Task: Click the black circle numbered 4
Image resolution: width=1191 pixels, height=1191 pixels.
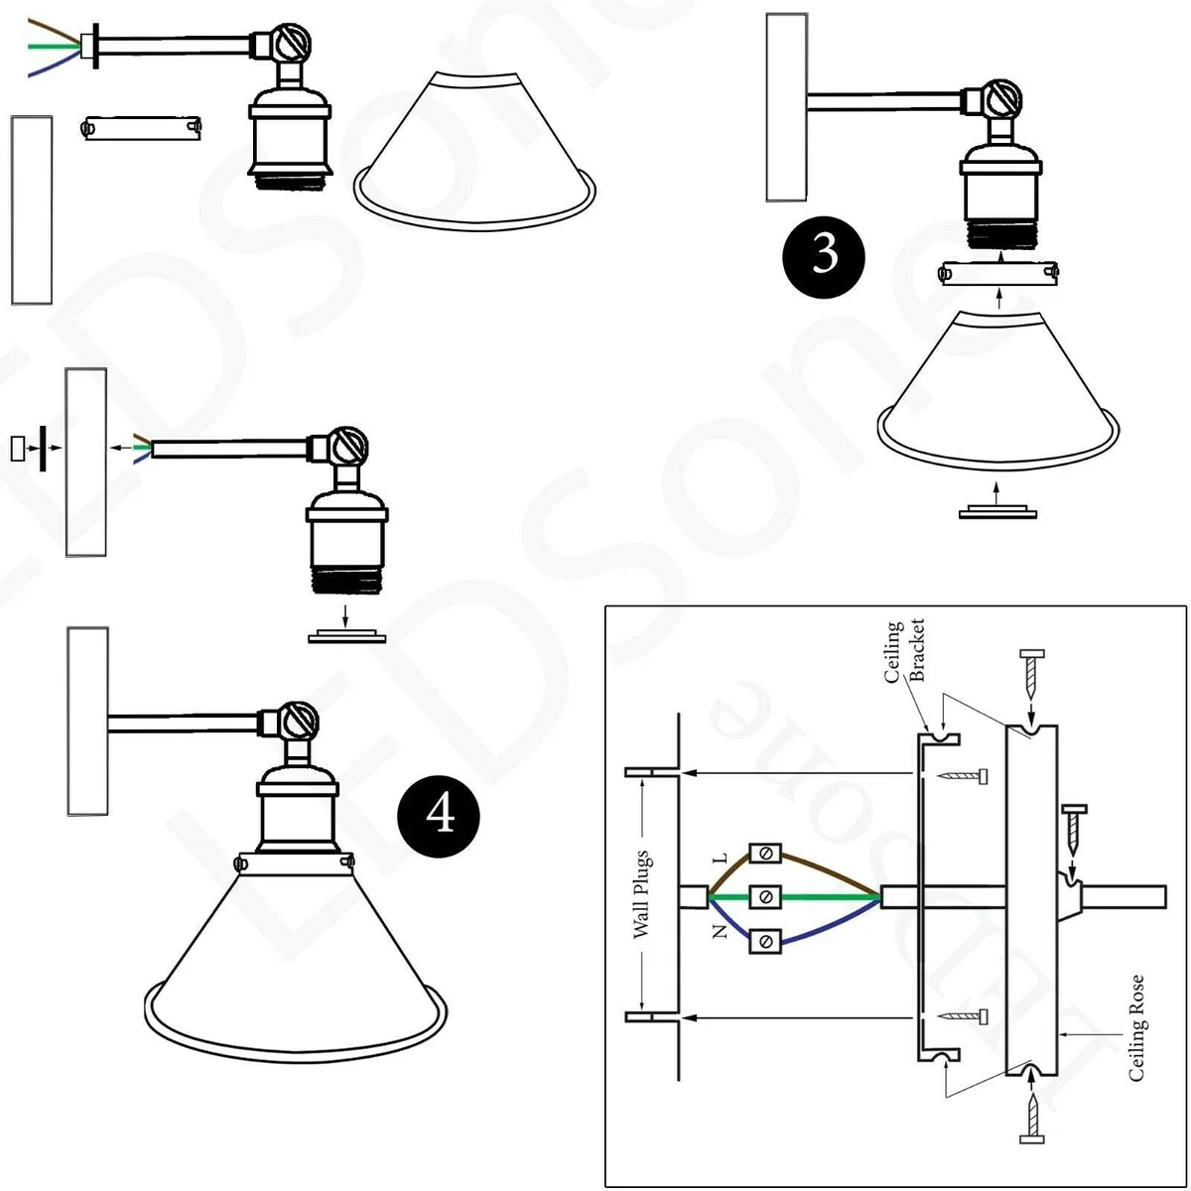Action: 439,816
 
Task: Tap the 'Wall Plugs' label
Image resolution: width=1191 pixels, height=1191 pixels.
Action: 642,893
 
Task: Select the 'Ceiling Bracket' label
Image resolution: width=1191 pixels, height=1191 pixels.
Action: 904,652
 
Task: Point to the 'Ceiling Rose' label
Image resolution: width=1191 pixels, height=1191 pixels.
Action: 1136,1027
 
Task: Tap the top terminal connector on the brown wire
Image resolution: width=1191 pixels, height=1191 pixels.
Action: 764,854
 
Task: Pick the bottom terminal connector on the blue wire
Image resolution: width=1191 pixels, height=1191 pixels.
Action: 764,940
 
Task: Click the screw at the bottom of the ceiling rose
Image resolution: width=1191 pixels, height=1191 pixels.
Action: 1032,1117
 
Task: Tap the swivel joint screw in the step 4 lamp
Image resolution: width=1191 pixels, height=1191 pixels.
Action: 298,719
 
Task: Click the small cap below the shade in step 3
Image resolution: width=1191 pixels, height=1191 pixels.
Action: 997,512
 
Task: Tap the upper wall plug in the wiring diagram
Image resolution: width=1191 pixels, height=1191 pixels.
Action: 650,771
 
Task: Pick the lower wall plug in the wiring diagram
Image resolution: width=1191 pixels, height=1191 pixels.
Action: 650,1017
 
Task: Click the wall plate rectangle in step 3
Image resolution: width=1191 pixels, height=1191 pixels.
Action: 786,107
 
